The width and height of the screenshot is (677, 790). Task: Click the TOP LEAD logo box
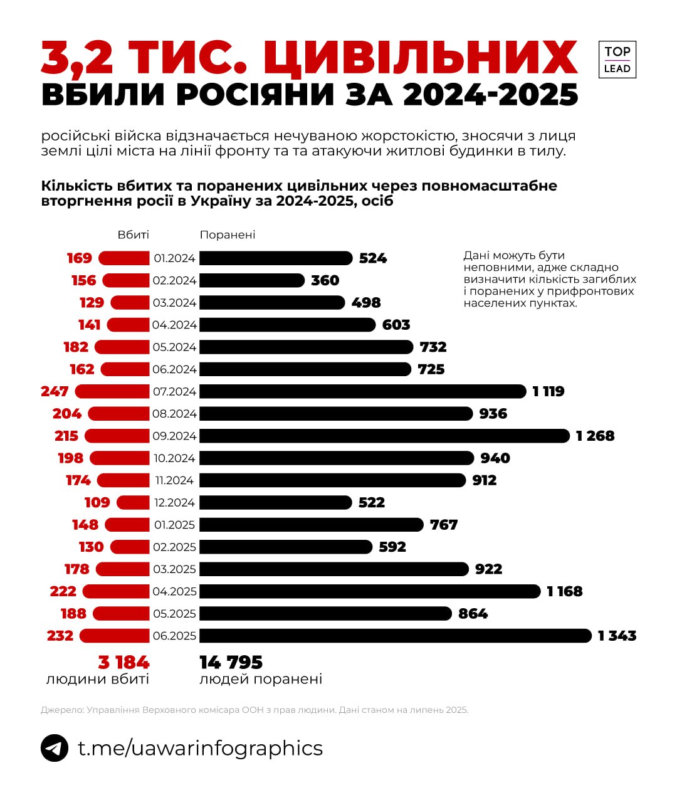pos(617,60)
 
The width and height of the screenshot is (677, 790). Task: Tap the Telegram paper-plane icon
pos(55,748)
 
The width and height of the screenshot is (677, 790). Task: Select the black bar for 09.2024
pos(384,436)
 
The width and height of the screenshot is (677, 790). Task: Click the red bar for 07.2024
pos(112,391)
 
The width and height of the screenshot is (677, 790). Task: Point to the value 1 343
pos(617,636)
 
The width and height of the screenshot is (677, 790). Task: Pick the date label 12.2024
pos(174,503)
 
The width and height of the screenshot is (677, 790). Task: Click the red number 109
pos(97,503)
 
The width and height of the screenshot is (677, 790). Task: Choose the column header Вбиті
pos(134,234)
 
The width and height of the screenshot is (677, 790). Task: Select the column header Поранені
pos(228,234)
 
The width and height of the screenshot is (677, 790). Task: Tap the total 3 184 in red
pos(123,662)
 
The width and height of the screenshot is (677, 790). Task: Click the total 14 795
pos(231,662)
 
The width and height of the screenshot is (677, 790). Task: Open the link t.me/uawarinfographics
pos(200,748)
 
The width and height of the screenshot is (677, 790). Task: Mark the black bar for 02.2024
pos(252,280)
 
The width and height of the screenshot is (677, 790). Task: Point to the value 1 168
pos(564,591)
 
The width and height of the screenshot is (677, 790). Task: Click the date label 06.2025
pos(174,636)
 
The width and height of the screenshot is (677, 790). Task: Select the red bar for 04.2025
pos(116,591)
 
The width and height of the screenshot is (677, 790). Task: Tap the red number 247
pos(55,391)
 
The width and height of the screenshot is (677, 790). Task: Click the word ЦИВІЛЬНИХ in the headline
pos(420,58)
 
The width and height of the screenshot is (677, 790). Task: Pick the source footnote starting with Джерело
pos(255,710)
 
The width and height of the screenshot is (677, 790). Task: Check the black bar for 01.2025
pos(312,525)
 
